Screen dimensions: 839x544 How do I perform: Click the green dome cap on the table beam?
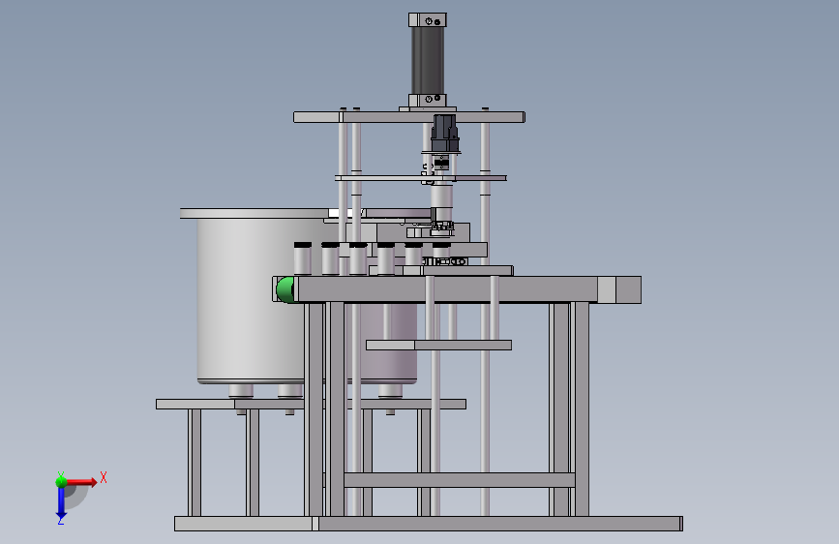[x=285, y=289]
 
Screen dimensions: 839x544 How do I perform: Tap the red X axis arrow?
[x=80, y=482]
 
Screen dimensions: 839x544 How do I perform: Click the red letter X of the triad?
[x=104, y=477]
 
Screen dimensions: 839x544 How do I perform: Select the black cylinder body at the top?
[x=428, y=60]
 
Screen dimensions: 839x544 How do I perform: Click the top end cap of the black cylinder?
[x=428, y=20]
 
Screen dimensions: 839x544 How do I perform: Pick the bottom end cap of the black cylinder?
[x=428, y=100]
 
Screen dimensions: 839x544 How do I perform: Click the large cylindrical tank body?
[x=252, y=300]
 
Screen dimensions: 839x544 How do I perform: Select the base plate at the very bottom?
[x=429, y=524]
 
